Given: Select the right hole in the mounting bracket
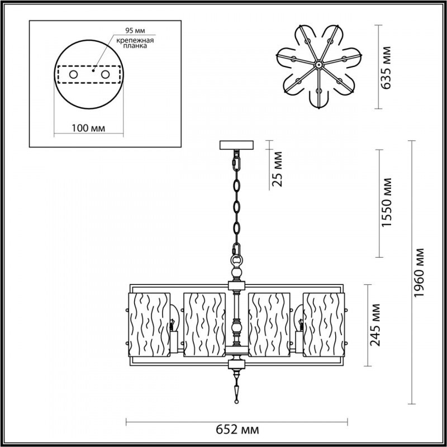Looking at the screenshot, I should pyautogui.click(x=104, y=74).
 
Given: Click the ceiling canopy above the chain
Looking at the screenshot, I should pyautogui.click(x=236, y=145).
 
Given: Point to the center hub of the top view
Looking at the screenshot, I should pyautogui.click(x=318, y=65).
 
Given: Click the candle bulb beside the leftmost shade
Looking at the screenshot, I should pyautogui.click(x=174, y=324).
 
